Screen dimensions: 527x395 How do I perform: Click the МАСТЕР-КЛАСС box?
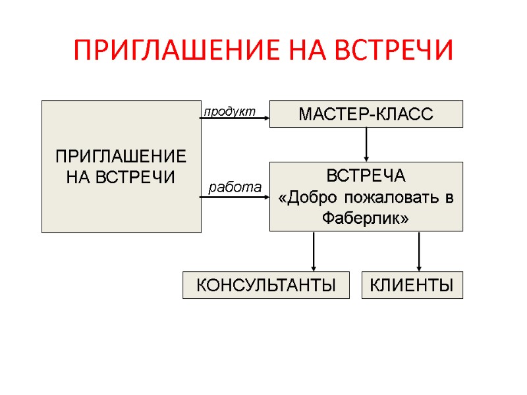coord(366,114)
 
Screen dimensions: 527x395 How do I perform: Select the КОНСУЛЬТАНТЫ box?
coord(265,285)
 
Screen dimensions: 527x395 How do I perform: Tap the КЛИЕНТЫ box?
coord(412,285)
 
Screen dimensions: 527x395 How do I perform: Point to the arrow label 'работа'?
coord(235,187)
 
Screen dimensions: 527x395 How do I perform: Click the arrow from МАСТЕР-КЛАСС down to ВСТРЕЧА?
coord(366,144)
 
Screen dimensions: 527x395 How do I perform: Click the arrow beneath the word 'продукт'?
coord(235,119)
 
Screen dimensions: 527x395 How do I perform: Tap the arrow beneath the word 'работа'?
coord(235,197)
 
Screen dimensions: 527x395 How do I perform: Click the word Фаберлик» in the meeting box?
coord(366,218)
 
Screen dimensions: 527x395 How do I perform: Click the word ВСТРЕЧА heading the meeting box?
coord(366,177)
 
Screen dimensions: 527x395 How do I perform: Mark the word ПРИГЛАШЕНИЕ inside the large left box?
coord(121,157)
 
